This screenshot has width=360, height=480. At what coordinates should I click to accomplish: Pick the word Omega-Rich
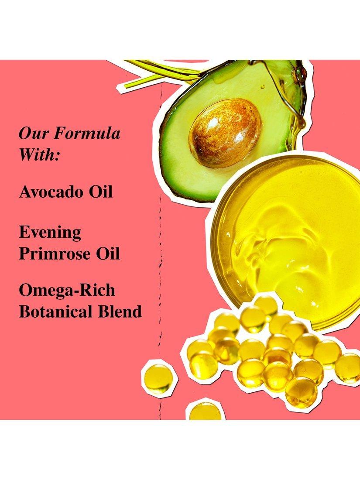pyautogui.click(x=67, y=291)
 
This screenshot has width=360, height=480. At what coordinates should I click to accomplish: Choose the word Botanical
pyautogui.click(x=55, y=311)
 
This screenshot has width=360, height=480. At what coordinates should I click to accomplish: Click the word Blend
pyautogui.click(x=120, y=311)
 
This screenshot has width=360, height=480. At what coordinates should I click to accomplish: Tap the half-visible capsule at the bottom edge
pyautogui.click(x=205, y=411)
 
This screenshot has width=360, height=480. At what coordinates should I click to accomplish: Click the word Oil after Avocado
pyautogui.click(x=101, y=192)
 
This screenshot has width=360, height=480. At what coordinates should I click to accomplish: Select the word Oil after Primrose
pyautogui.click(x=108, y=254)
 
